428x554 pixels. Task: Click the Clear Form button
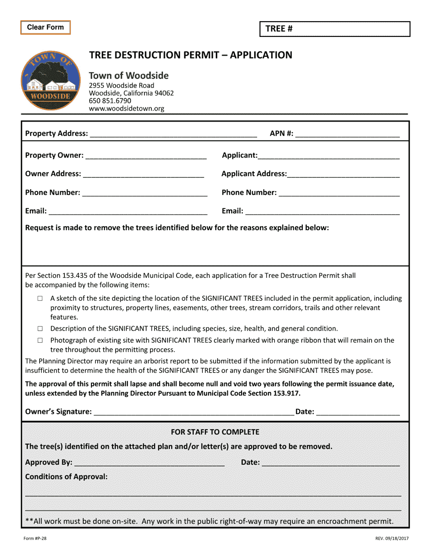(46, 27)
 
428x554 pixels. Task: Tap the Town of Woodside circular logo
(50, 81)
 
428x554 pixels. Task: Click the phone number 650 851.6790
(110, 101)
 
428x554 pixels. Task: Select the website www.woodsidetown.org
(127, 109)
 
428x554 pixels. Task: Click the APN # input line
(347, 133)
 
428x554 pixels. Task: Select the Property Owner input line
(146, 155)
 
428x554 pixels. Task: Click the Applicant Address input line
(343, 174)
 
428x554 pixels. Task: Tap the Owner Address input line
(143, 174)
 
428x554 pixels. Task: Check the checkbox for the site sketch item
(40, 298)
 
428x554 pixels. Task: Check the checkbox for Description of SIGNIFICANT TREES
(40, 329)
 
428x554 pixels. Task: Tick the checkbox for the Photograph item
(40, 341)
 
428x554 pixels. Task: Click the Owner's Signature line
(194, 412)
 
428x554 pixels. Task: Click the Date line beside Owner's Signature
(359, 412)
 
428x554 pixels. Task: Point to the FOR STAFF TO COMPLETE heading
(215, 432)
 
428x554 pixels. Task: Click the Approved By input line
(149, 463)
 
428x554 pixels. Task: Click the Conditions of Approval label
(66, 477)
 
